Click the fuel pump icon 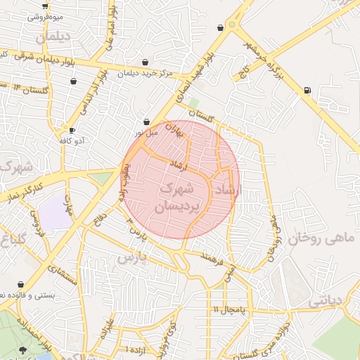(x=307, y=90)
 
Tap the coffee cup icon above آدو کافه (x=72, y=130)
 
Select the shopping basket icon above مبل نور (x=146, y=122)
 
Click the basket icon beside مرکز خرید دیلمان (x=145, y=62)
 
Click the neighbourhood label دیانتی (x=324, y=300)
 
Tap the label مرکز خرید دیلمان (x=145, y=72)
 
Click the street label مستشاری (x=63, y=269)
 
